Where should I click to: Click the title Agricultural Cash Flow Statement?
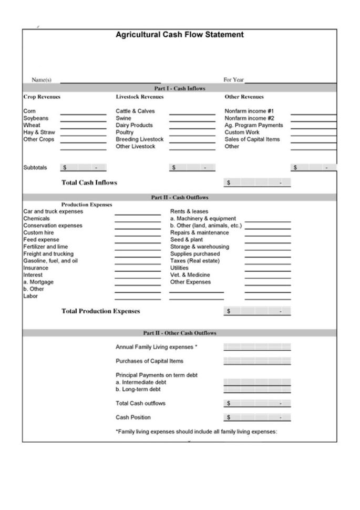coord(179,35)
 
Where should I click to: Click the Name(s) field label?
coord(42,80)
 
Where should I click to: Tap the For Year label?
coord(233,80)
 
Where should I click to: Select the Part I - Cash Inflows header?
coord(179,88)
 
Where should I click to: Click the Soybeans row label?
coord(36,118)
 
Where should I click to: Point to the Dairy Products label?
coord(134,125)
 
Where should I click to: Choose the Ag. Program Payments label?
coord(253,125)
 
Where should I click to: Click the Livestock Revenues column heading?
coord(139,97)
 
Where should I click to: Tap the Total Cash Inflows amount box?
coord(257,183)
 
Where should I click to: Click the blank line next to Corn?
coord(83,111)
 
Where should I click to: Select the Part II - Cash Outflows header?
coord(179,198)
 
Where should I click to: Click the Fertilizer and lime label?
coord(45,247)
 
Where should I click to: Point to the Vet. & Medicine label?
coord(190,275)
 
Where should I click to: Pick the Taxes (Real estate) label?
coord(194,261)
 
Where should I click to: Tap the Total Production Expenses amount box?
coord(257,311)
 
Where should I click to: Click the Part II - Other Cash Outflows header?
coord(179,333)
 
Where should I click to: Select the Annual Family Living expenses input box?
coord(257,347)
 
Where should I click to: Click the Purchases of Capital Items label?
coord(149,361)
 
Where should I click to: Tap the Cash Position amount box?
coord(257,417)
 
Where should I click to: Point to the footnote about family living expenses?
coord(196,432)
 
